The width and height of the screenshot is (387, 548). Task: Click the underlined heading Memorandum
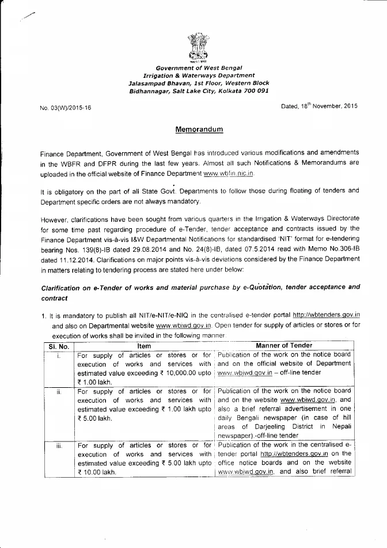point(199,130)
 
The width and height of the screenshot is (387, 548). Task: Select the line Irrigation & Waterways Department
point(199,75)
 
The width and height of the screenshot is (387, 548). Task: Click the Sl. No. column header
point(55,345)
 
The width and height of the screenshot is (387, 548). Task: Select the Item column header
point(144,345)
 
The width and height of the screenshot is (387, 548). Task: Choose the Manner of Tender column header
point(284,345)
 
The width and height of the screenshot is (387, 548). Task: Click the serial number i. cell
point(58,356)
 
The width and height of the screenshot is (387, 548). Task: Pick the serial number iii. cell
point(58,445)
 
